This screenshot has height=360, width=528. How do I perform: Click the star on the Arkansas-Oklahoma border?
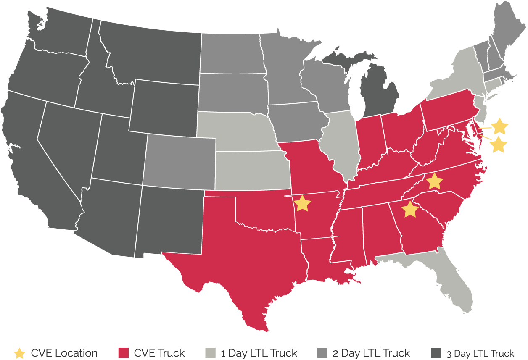[x=302, y=203]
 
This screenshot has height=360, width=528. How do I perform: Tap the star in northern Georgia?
[x=410, y=209]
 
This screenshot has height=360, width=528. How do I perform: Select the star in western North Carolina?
[x=434, y=181]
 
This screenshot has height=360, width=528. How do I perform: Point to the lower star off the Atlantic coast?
[x=499, y=144]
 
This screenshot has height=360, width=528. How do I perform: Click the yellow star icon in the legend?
[x=19, y=353]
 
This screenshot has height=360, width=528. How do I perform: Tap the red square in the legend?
[x=124, y=353]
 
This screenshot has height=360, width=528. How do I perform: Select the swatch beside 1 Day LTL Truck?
[x=210, y=353]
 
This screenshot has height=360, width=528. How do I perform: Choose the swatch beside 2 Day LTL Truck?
[x=322, y=353]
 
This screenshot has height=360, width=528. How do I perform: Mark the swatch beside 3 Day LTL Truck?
[x=437, y=353]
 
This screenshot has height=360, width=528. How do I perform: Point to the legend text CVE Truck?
[x=159, y=353]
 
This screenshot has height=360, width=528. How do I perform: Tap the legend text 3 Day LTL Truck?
[x=480, y=354]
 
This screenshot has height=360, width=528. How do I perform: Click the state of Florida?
[x=456, y=286]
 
